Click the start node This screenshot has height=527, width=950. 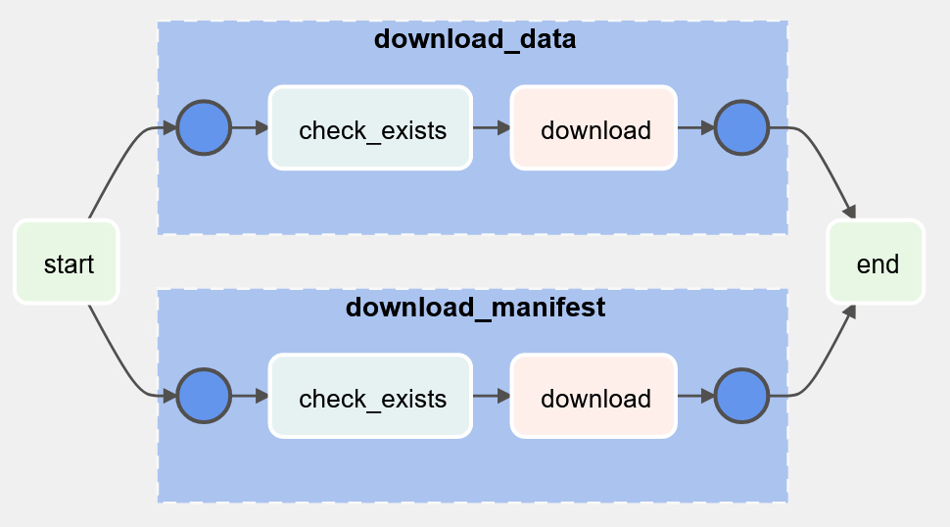66,262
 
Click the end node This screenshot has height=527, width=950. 877,262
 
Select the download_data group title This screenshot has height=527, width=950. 475,39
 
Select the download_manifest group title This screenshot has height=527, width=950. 475,308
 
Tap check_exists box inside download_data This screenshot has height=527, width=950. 370,127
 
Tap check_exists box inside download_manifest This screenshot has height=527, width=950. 370,396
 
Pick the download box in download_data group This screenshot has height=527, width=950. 594,127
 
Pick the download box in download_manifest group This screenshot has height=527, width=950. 594,396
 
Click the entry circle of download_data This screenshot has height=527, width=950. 204,127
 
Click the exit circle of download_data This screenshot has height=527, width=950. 741,127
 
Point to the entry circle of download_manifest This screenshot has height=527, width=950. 204,396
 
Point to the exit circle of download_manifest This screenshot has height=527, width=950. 741,396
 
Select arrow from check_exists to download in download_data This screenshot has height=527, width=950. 492,127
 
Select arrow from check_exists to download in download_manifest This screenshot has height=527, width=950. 492,396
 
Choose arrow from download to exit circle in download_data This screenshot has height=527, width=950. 696,127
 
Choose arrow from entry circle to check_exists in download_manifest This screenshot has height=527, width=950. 250,396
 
